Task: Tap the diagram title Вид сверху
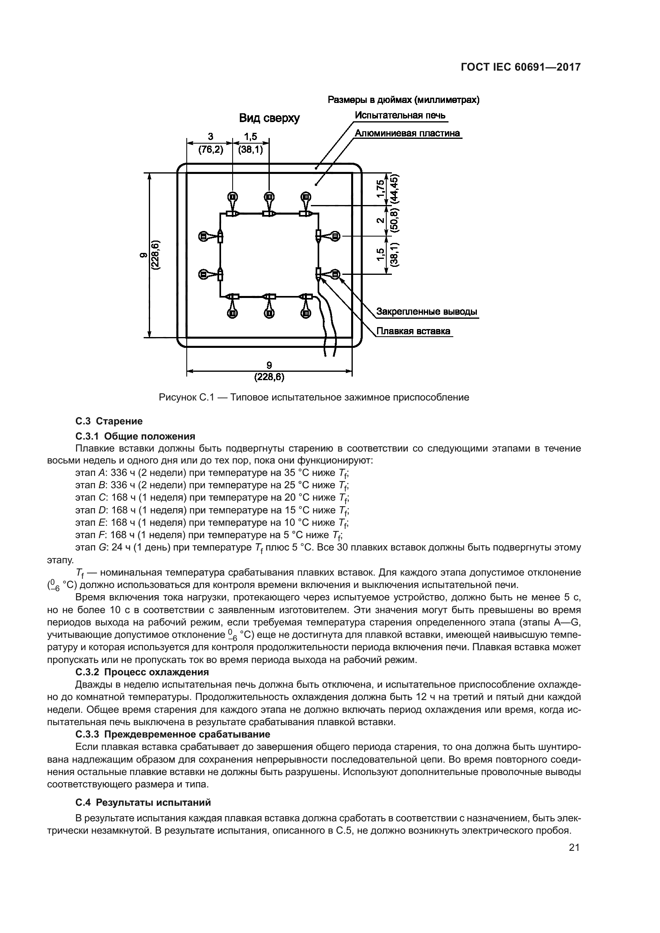click(269, 118)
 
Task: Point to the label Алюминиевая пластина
click(407, 133)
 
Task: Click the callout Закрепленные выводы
click(426, 312)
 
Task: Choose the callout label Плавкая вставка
click(413, 331)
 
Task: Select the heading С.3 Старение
click(109, 421)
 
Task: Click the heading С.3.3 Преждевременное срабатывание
click(173, 734)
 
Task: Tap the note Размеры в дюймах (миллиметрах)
click(403, 100)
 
